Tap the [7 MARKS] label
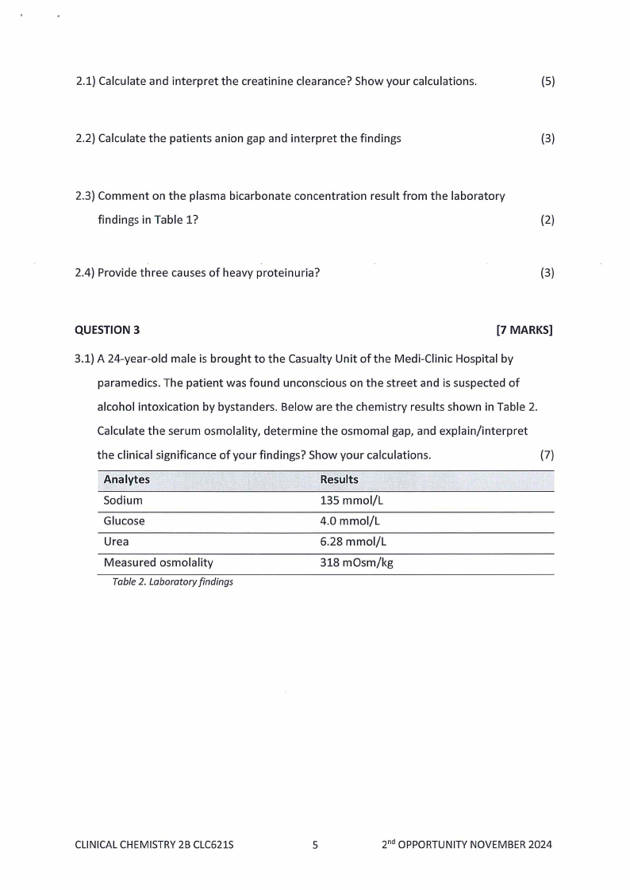[x=524, y=330]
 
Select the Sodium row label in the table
[x=123, y=501]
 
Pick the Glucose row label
[x=125, y=522]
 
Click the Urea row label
[x=116, y=542]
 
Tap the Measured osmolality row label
[x=159, y=562]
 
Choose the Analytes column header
[x=127, y=480]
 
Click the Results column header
[x=339, y=480]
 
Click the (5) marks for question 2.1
[x=547, y=82]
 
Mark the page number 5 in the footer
[x=315, y=845]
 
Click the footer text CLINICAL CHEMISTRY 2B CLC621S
[x=154, y=845]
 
